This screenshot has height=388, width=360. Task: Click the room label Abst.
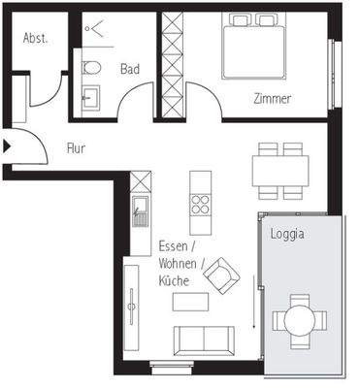pyautogui.click(x=35, y=39)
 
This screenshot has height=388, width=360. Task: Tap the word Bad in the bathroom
pyautogui.click(x=130, y=69)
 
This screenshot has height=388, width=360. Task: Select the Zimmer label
pyautogui.click(x=271, y=99)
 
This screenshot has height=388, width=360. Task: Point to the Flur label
pyautogui.click(x=77, y=148)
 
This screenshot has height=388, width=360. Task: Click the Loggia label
pyautogui.click(x=289, y=234)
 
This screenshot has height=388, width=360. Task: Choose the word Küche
pyautogui.click(x=176, y=280)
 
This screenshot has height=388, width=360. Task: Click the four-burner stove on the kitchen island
pyautogui.click(x=201, y=205)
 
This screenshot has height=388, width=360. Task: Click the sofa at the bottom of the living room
pyautogui.click(x=203, y=341)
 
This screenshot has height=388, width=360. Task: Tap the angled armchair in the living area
pyautogui.click(x=221, y=275)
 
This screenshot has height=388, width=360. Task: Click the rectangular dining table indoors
pyautogui.click(x=280, y=171)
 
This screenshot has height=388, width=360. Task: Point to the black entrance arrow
pyautogui.click(x=8, y=146)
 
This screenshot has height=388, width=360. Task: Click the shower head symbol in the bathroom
pyautogui.click(x=95, y=29)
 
